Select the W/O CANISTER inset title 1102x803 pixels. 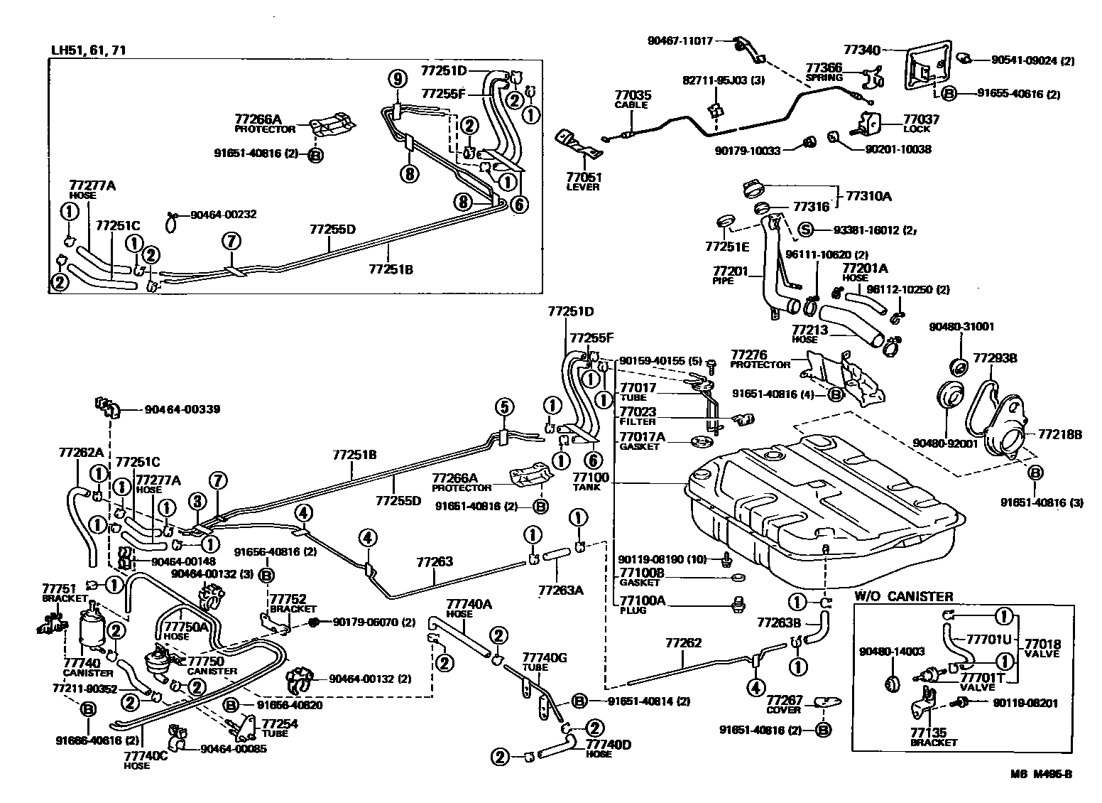(902, 596)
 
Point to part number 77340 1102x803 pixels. (861, 50)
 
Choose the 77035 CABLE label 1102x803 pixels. (633, 99)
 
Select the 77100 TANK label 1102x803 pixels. (586, 482)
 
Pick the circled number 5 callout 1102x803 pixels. (503, 407)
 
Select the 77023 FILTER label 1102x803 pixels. (637, 416)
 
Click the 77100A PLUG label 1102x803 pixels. (641, 604)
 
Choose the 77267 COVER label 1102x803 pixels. (784, 704)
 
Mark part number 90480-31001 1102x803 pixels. (961, 327)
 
